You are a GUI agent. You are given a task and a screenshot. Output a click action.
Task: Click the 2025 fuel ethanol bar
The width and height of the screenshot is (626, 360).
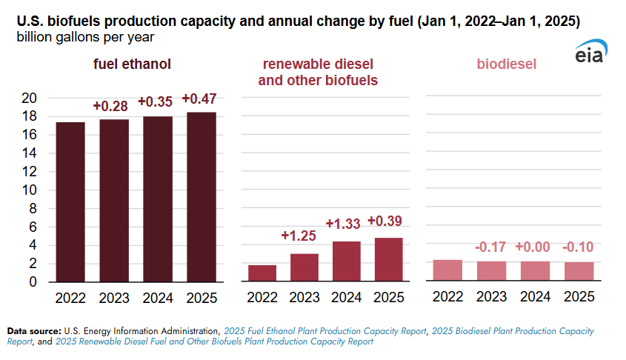(202, 197)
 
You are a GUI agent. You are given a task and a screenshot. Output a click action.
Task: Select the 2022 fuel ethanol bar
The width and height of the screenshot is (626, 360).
(70, 202)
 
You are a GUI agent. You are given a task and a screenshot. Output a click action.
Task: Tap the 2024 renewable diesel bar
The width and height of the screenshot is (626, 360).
(347, 261)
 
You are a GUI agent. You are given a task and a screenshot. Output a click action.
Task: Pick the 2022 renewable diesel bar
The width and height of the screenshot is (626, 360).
(262, 273)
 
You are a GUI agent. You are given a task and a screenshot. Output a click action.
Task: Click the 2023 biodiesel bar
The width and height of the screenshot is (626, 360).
(491, 271)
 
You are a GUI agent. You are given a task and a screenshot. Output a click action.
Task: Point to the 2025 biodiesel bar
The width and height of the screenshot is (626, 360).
(579, 271)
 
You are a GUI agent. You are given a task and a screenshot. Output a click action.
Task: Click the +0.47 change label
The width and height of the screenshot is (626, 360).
(199, 99)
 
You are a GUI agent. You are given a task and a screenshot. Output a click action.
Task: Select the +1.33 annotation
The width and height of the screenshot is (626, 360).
(343, 224)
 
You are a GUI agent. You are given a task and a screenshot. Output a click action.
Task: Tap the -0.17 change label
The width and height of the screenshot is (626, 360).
(490, 247)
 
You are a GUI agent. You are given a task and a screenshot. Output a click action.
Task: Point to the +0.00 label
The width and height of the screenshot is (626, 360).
(533, 247)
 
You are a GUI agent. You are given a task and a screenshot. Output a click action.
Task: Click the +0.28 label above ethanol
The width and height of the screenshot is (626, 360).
(110, 106)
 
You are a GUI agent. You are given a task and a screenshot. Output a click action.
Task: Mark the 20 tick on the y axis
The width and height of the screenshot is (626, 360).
(29, 98)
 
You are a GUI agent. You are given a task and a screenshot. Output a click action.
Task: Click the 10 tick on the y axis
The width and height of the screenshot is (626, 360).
(29, 190)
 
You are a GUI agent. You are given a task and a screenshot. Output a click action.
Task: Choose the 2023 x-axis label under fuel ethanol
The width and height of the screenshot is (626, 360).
(114, 298)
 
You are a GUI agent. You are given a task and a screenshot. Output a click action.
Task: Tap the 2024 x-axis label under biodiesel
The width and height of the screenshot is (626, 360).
(535, 296)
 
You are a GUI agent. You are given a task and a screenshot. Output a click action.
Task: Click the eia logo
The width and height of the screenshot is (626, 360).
(591, 52)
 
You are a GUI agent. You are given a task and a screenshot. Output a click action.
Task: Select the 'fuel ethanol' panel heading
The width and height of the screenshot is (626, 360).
(132, 64)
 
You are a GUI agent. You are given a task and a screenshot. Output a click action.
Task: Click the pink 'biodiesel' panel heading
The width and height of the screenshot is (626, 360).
(507, 64)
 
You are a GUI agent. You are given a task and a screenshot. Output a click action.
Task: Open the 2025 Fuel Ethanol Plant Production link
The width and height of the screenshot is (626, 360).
(325, 331)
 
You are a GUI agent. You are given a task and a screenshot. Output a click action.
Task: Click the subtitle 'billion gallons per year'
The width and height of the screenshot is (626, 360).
(85, 37)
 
